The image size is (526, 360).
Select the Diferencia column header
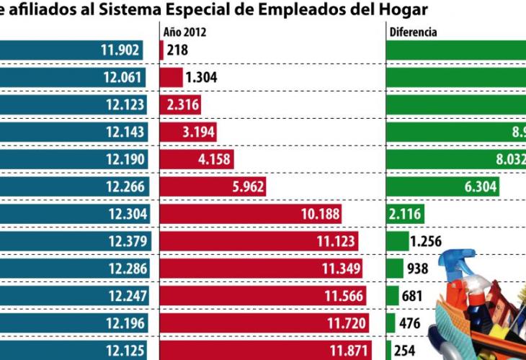(413, 32)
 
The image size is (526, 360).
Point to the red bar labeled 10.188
(250, 214)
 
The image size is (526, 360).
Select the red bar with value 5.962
(213, 187)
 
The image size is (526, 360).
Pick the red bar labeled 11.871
(264, 350)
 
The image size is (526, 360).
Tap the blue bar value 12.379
(128, 241)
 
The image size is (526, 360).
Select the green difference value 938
(417, 269)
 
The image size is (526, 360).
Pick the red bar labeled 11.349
(260, 269)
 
